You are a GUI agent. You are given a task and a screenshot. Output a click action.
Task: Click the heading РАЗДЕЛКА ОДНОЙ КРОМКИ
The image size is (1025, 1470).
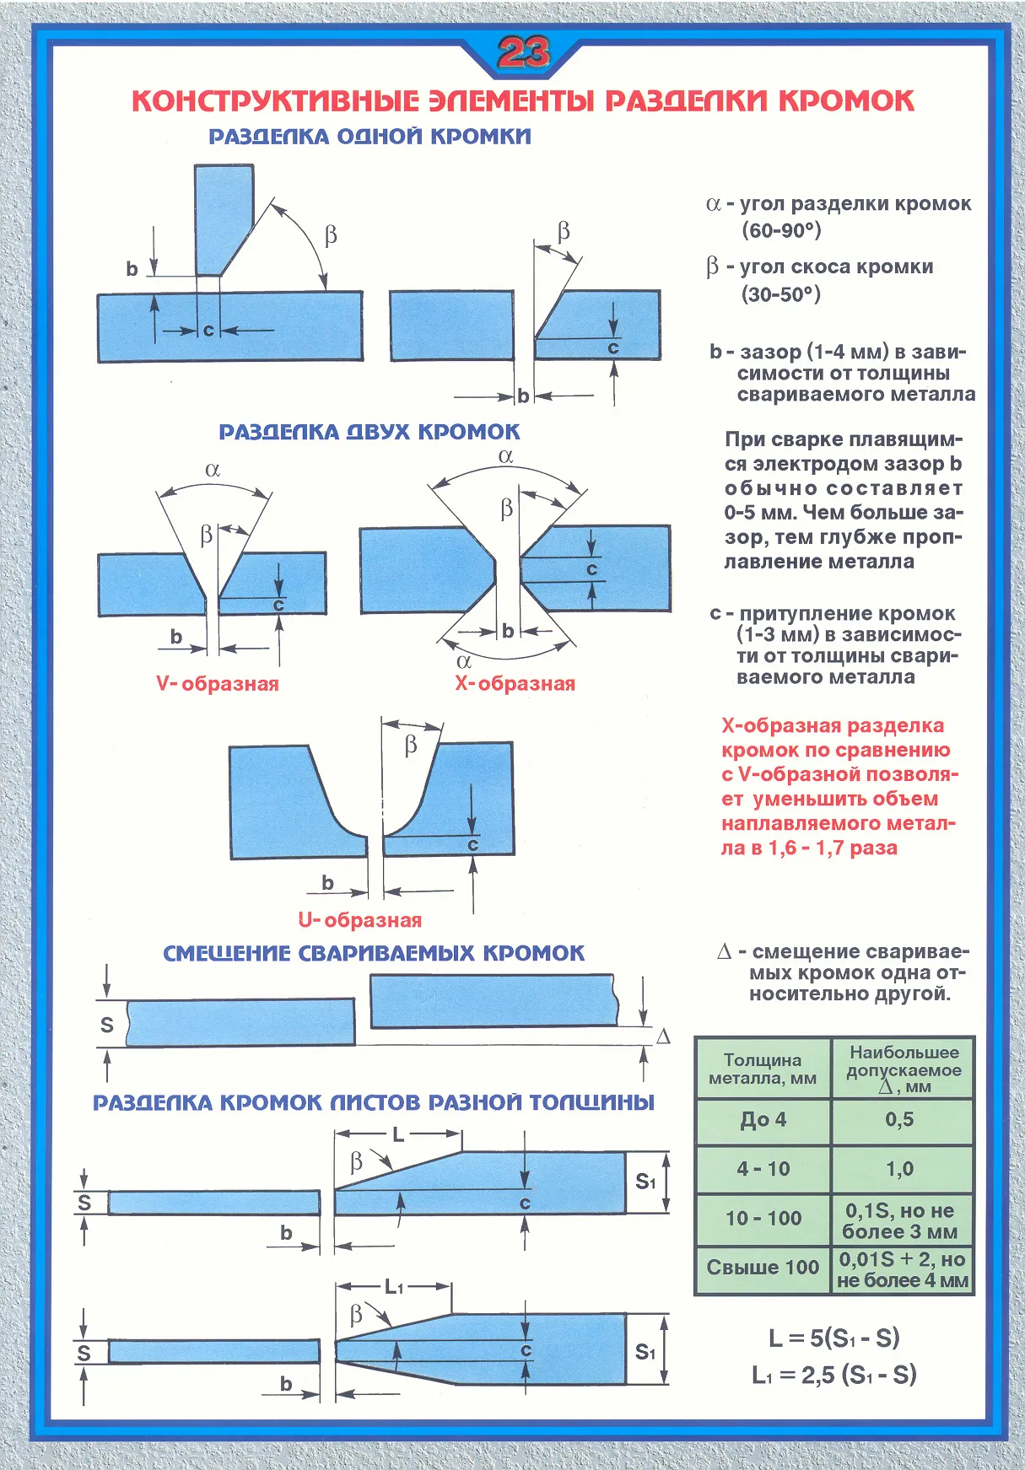pos(370,137)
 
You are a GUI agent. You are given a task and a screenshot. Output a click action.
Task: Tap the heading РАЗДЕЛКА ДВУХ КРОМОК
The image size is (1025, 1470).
pos(370,432)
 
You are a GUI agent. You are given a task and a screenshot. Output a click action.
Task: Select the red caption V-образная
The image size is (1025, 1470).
pos(218,683)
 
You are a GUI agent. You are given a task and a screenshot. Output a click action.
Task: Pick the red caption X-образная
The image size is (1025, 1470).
pos(515,683)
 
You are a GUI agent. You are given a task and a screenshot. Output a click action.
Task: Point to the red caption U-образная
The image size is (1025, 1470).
pos(359,920)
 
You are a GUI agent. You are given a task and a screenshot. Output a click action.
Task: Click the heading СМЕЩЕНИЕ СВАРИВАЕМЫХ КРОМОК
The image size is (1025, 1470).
pos(373,954)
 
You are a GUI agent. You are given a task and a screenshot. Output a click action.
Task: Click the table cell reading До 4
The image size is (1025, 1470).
pos(763,1120)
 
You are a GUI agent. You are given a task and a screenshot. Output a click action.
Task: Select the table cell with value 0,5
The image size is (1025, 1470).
pos(899,1119)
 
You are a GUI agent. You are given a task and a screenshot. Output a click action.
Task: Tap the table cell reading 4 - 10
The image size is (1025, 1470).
pos(763,1169)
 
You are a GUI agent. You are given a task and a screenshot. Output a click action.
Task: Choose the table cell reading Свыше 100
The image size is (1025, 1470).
pos(763,1267)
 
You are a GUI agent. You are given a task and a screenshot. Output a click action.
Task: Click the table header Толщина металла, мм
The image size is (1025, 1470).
pos(763,1069)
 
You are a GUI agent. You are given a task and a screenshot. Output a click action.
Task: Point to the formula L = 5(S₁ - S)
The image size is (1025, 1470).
pos(833,1338)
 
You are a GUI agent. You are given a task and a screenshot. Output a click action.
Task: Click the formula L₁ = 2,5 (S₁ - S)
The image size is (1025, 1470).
pos(833,1375)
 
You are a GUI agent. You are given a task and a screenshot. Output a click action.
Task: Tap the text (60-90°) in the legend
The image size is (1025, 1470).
pos(781,230)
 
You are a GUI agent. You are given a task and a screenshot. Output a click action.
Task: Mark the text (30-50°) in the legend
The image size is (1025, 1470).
pos(781,294)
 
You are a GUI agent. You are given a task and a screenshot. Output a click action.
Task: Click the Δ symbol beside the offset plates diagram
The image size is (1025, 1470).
pos(663,1037)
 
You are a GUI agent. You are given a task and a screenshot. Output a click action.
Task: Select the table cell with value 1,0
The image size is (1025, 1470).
pos(899,1169)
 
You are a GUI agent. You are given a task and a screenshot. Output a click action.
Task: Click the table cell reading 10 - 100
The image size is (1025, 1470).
pos(763,1218)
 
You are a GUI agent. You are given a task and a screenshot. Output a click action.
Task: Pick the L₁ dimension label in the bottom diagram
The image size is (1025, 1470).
pos(394,1287)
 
